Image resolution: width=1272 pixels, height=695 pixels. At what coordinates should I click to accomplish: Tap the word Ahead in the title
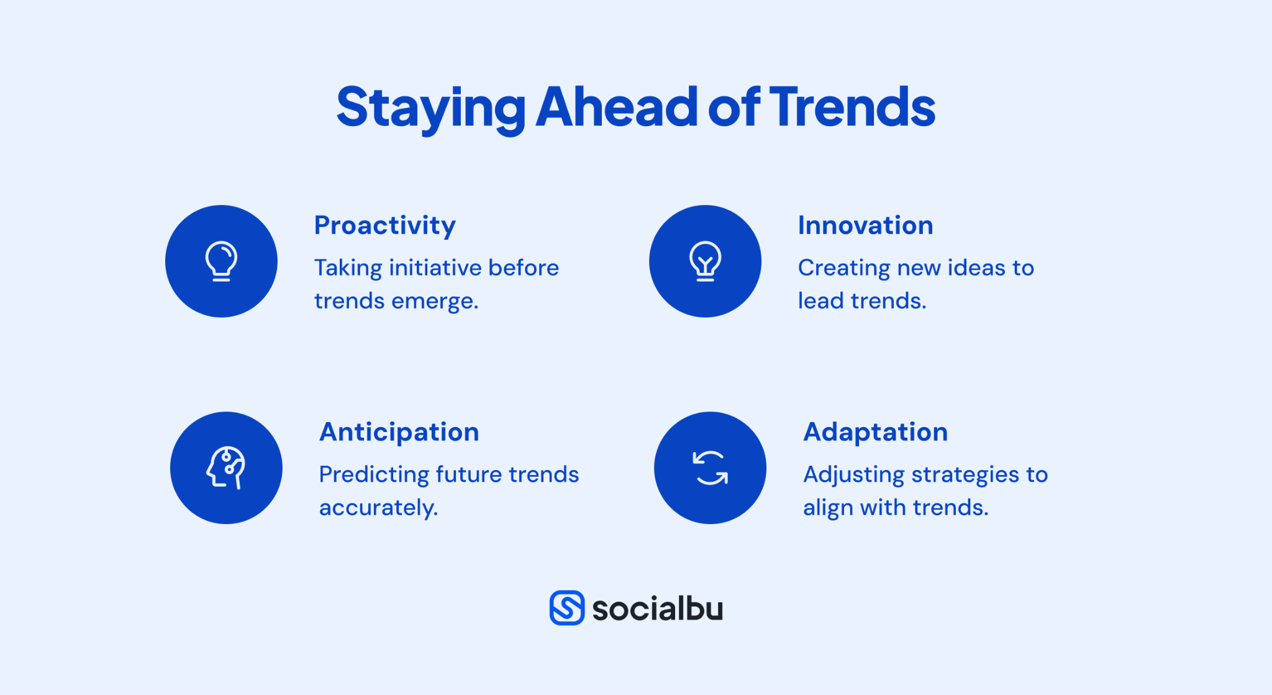coord(616,108)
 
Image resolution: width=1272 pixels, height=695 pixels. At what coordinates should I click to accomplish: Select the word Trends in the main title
coord(852,108)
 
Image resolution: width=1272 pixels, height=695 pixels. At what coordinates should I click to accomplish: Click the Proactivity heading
coord(384,225)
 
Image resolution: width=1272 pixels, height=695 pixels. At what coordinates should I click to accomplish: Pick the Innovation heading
coord(865,225)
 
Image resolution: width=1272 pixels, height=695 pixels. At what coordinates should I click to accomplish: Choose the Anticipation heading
coord(399,432)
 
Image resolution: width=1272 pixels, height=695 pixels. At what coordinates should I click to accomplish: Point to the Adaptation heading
coord(875,432)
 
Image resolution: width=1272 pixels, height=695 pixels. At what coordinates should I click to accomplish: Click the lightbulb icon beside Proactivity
coord(221,261)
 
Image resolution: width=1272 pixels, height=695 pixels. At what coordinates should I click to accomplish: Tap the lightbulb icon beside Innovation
coord(705,261)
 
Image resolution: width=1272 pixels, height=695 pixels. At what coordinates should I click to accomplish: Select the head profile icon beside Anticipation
coord(226,467)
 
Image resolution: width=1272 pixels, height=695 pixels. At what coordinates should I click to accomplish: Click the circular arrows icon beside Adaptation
coord(710,467)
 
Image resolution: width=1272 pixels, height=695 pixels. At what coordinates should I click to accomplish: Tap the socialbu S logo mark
coord(566,607)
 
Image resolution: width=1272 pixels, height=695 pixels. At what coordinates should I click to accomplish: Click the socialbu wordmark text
coord(657,609)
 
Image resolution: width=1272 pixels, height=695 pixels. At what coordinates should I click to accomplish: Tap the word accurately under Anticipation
coord(378,508)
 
